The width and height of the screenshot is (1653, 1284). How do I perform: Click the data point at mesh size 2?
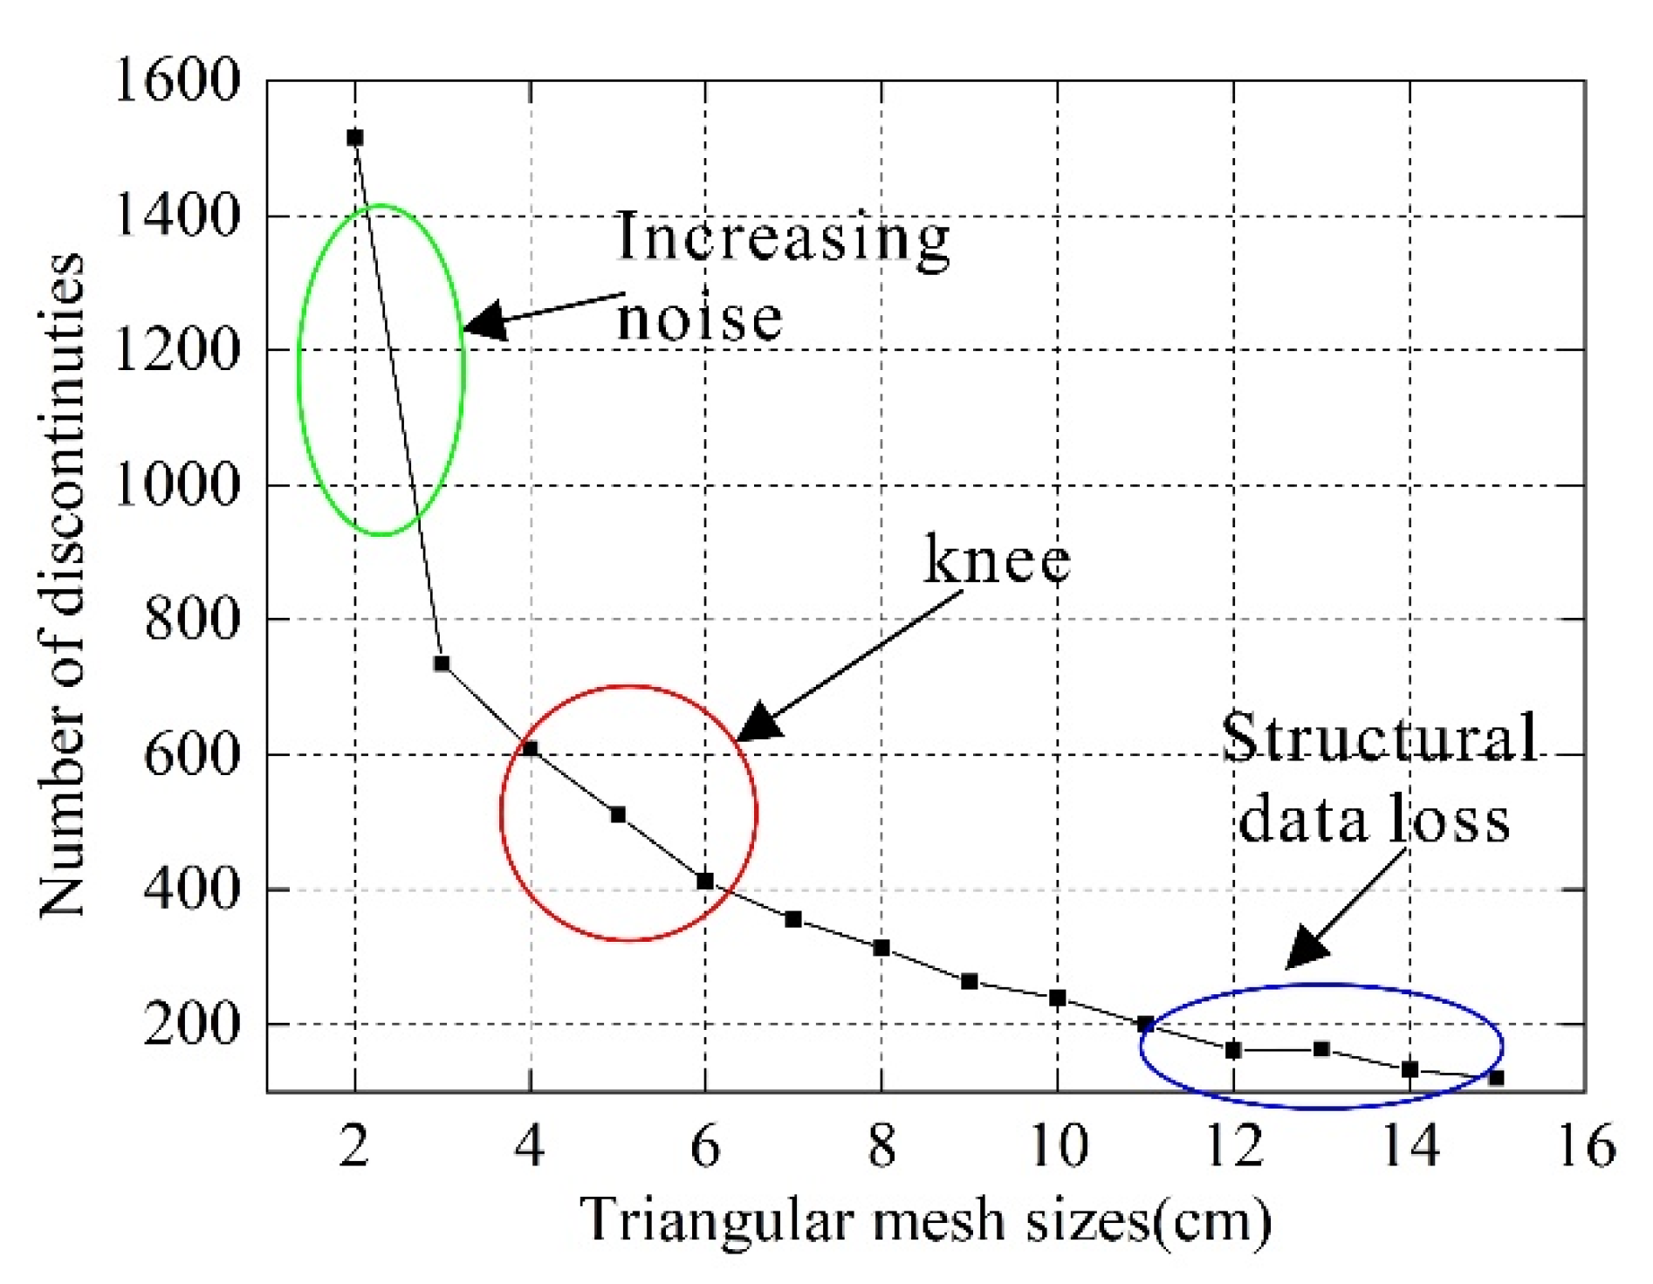click(x=354, y=138)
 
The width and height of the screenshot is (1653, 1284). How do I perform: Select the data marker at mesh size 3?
click(x=442, y=663)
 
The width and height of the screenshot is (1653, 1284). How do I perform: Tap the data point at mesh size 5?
click(x=618, y=814)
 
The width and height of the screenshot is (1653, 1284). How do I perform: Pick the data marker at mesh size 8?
click(x=881, y=948)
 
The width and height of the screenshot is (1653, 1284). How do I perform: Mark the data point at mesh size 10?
click(x=1057, y=998)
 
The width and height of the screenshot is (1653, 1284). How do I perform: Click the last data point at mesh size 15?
click(x=1496, y=1078)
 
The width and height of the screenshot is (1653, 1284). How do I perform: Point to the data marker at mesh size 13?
click(x=1321, y=1049)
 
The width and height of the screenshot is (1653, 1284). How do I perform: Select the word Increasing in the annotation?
click(x=782, y=237)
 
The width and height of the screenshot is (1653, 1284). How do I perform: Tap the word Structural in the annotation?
click(x=1379, y=738)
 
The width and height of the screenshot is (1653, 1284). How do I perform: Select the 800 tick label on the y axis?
click(x=191, y=619)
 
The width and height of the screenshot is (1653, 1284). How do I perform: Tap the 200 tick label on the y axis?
click(x=191, y=1024)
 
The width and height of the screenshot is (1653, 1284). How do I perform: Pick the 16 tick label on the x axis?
click(x=1587, y=1145)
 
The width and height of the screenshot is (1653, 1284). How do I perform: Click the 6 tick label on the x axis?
click(x=705, y=1145)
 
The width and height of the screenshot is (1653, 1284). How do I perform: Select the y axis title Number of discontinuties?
click(x=63, y=585)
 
